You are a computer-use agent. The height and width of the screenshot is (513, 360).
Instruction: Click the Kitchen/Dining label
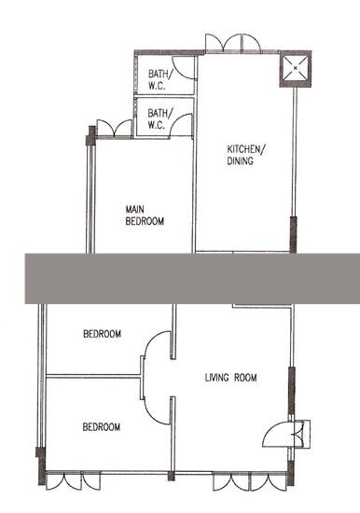pos(246,155)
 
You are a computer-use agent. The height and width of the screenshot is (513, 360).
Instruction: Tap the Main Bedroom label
pos(145,215)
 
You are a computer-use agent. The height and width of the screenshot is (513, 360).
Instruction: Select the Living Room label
pos(230,378)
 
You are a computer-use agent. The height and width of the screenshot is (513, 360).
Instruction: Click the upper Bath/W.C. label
pos(159,79)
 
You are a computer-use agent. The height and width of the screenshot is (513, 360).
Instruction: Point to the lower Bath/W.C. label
pos(159,119)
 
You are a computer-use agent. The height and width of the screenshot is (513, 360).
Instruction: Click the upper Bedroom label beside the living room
pos(102,334)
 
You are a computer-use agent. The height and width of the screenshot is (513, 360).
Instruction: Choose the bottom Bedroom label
pos(102,427)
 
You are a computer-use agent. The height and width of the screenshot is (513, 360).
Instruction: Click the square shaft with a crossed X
pos(296,68)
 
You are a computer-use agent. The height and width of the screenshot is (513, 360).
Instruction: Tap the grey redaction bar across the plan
pos(192,279)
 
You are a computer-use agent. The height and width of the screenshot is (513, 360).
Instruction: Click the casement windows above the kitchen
pos(233,43)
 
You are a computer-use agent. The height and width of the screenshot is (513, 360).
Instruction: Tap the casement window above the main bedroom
pos(114,128)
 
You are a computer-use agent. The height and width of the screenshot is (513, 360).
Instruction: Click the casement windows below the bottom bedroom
pos(73,480)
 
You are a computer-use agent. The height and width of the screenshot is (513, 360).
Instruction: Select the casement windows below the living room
pos(250,481)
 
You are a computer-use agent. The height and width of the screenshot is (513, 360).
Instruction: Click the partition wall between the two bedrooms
pos(93,377)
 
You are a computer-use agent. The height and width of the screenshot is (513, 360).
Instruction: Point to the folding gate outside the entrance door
pos(303,434)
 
